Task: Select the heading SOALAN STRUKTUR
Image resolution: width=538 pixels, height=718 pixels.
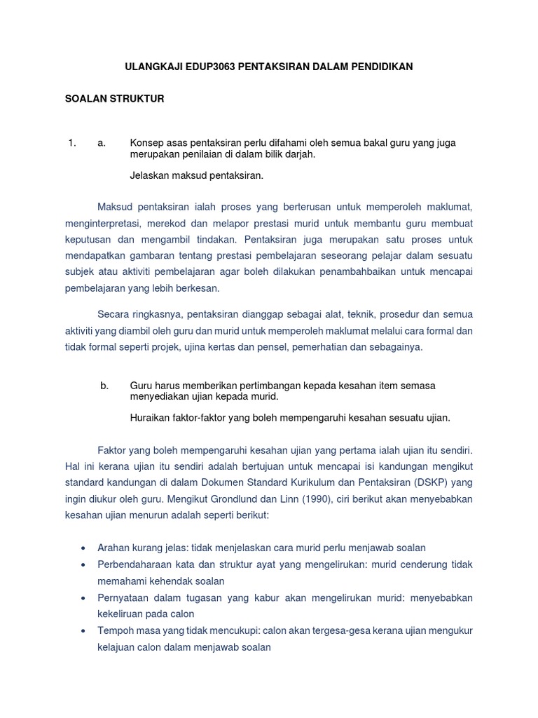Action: pos(114,99)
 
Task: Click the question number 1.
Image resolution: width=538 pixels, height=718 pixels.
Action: pos(71,143)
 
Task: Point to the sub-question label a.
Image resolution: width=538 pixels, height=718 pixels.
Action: pos(102,143)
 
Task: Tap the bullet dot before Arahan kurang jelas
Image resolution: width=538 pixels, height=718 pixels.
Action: pos(84,548)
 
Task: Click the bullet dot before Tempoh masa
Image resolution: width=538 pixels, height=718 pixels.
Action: pos(84,631)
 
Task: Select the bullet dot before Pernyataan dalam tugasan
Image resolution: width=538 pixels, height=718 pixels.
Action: pos(84,598)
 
